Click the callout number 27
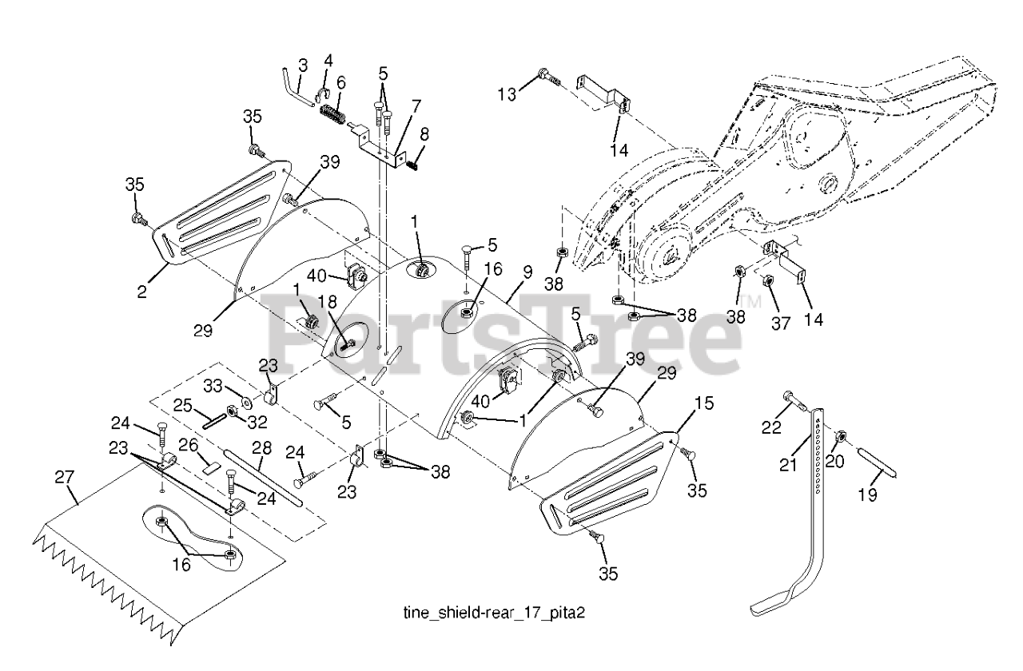pyautogui.click(x=64, y=478)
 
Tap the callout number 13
pyautogui.click(x=507, y=94)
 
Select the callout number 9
pyautogui.click(x=527, y=272)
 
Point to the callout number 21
pyautogui.click(x=788, y=465)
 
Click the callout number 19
pyautogui.click(x=868, y=494)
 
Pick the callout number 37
pyautogui.click(x=781, y=324)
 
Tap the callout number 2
pyautogui.click(x=142, y=292)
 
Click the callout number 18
pyautogui.click(x=328, y=302)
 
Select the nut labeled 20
pyautogui.click(x=840, y=437)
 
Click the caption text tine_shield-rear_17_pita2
pyautogui.click(x=494, y=612)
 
